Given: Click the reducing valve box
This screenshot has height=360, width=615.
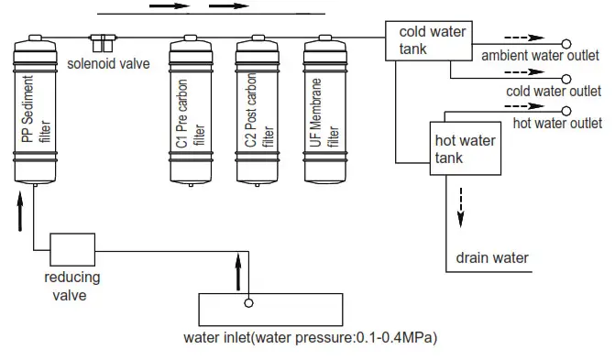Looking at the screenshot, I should click(x=71, y=248).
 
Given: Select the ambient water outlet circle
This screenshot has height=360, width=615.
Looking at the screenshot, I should click(x=565, y=43).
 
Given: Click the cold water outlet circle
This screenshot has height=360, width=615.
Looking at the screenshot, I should click(x=565, y=77).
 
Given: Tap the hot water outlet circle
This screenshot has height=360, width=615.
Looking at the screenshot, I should click(x=565, y=110).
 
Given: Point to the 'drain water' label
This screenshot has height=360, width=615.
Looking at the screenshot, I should click(x=492, y=257).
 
